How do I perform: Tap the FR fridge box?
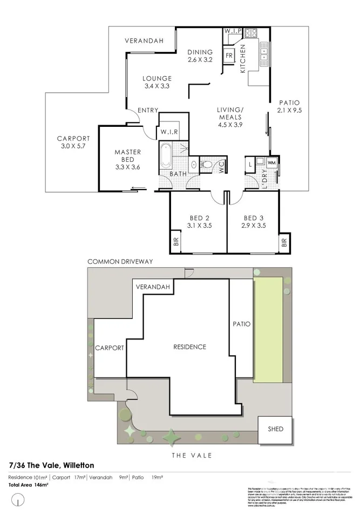[229, 56]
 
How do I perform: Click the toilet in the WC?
[207, 164]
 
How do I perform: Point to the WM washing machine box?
[271, 161]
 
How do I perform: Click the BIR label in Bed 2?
[176, 242]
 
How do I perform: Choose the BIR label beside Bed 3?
[284, 243]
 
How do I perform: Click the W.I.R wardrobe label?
[166, 132]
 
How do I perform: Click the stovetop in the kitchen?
[251, 33]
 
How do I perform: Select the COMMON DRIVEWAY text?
[120, 262]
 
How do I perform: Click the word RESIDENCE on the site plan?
[189, 346]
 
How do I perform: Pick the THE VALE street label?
[192, 455]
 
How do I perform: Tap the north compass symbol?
[19, 502]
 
